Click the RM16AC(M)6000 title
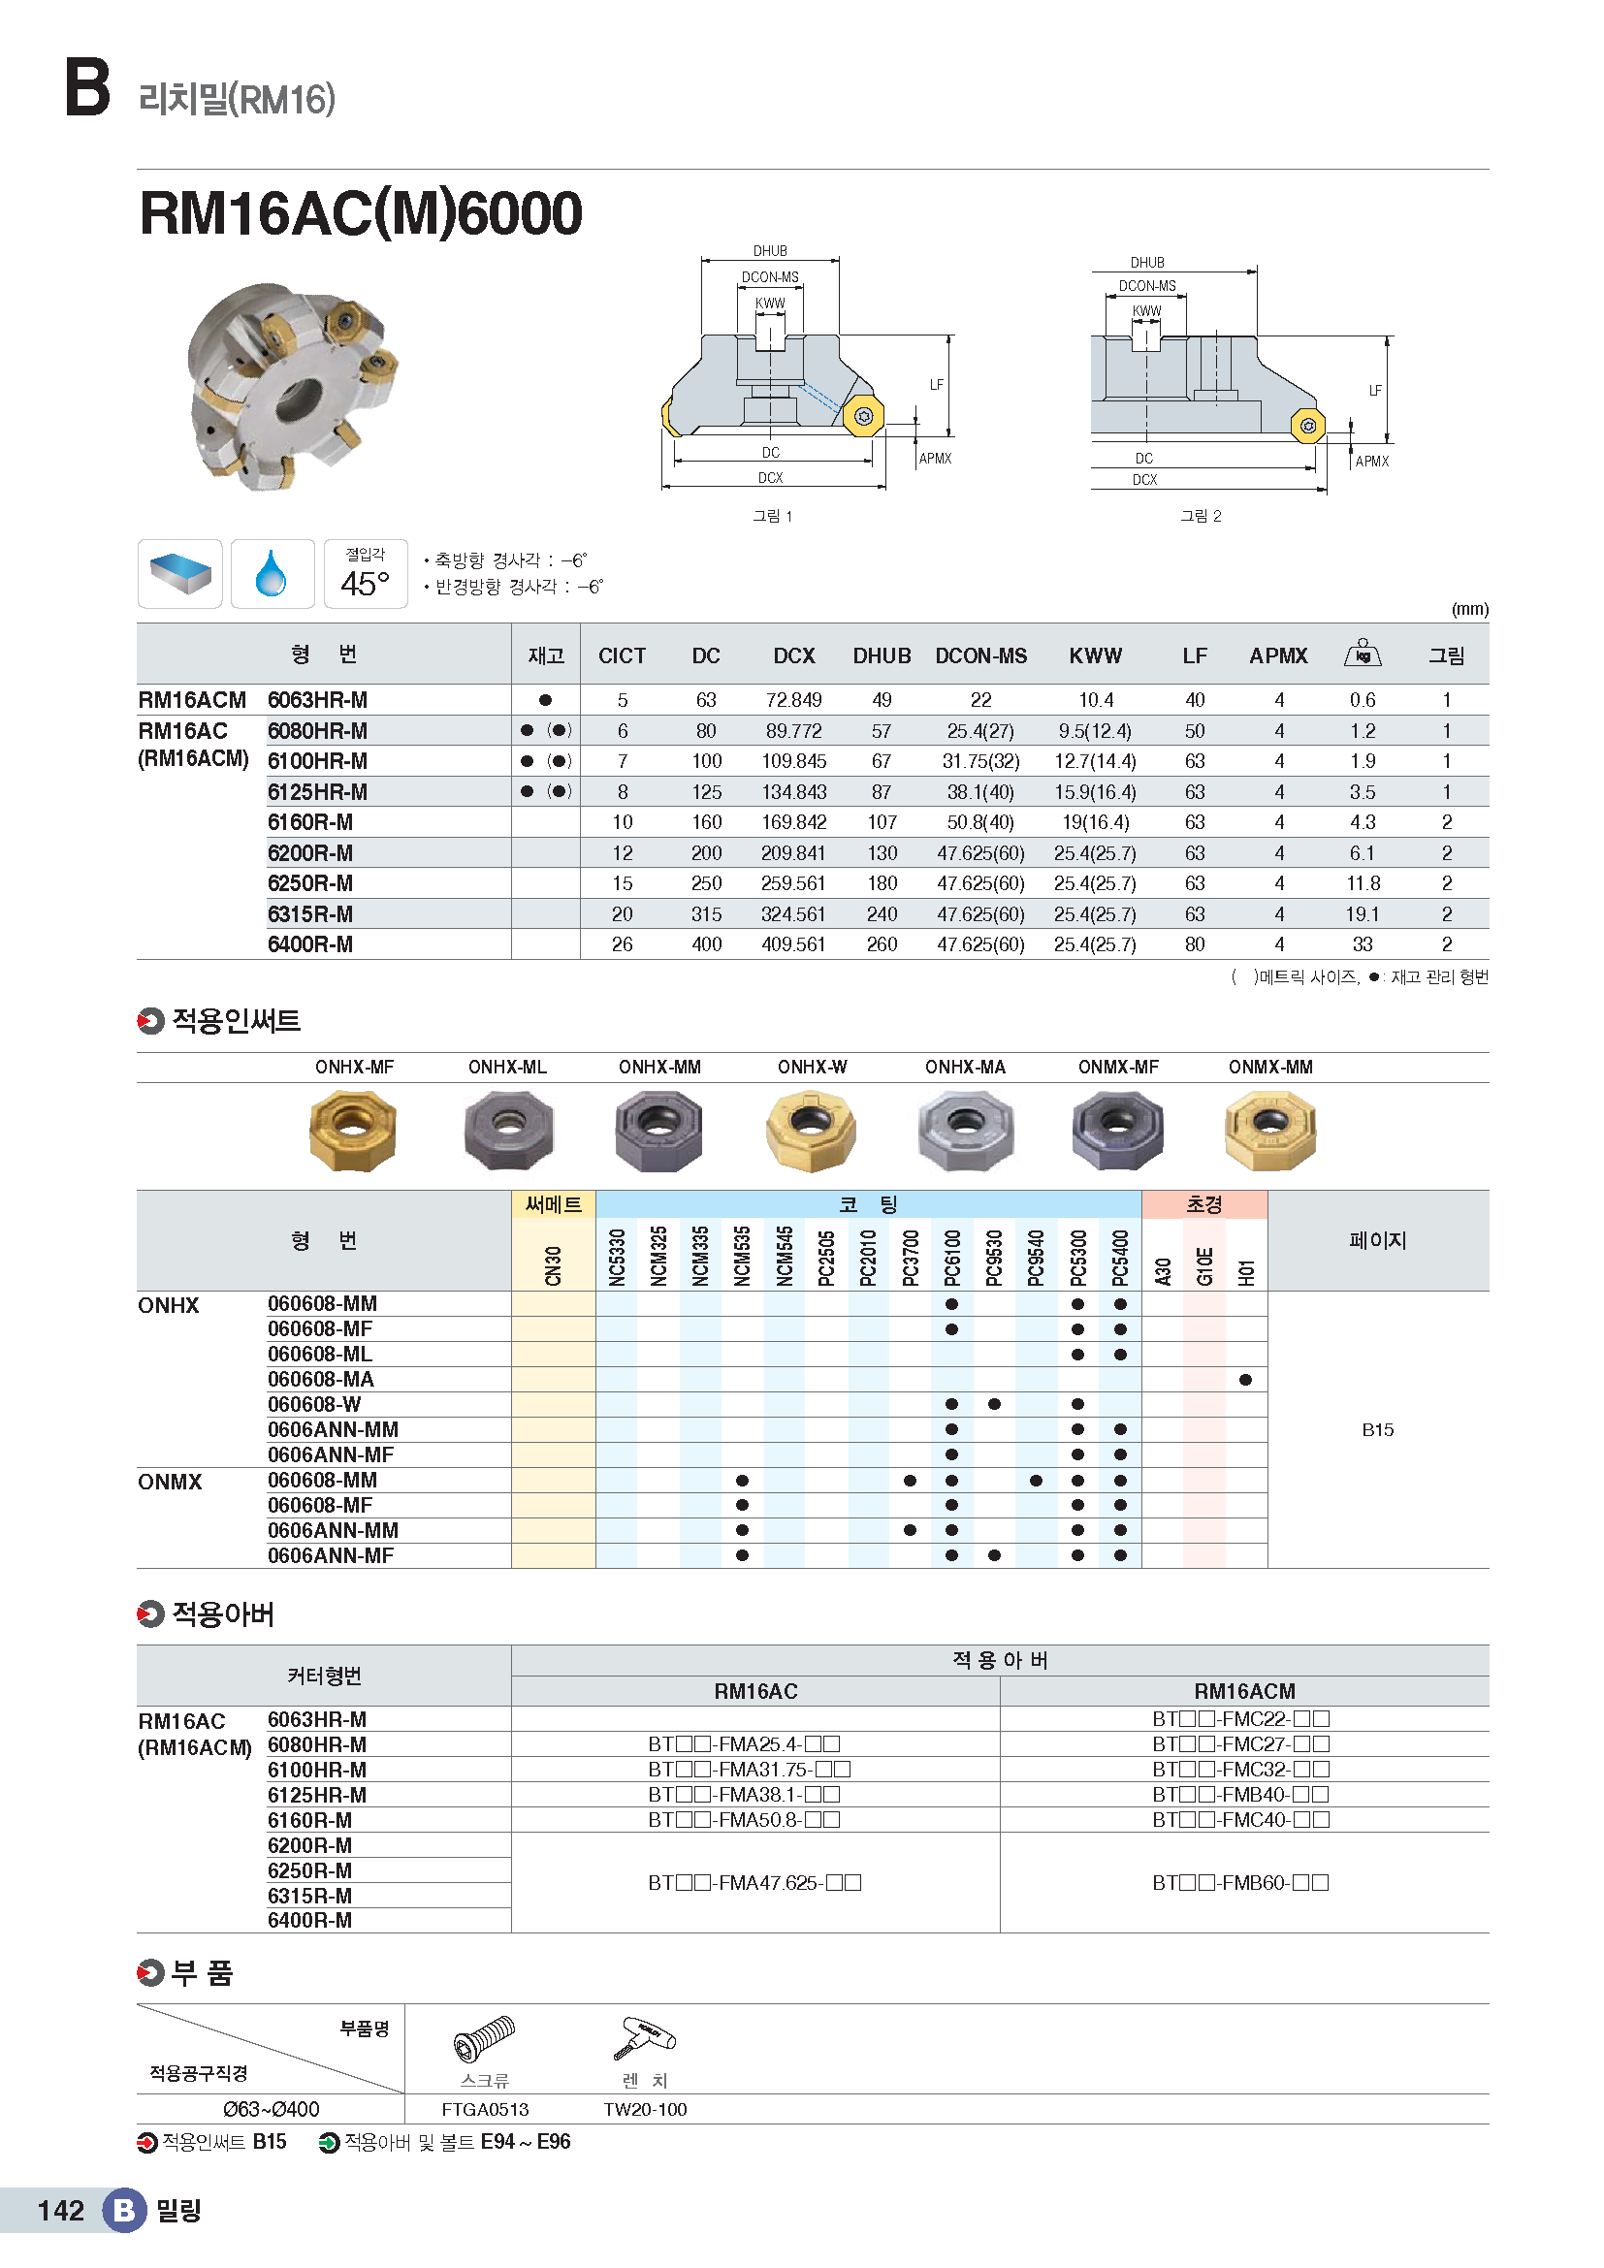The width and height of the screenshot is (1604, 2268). [x=361, y=213]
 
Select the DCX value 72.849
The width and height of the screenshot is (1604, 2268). [x=793, y=700]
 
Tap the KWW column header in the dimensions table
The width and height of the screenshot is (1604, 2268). [x=1095, y=655]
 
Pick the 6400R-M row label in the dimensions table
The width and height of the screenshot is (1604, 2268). [x=310, y=944]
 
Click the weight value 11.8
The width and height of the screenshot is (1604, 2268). [x=1362, y=883]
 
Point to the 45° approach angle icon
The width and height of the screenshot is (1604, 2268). [x=366, y=574]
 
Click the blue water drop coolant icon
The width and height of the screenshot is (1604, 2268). [x=272, y=574]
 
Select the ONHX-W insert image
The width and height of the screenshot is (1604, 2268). [x=811, y=1130]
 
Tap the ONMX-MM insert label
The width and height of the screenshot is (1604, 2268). [x=1270, y=1067]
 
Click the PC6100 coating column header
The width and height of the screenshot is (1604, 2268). [x=952, y=1257]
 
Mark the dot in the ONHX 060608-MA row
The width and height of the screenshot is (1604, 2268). [x=1245, y=1380]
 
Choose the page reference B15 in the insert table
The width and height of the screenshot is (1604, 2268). [x=1377, y=1429]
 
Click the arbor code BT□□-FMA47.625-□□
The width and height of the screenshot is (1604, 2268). [x=754, y=1883]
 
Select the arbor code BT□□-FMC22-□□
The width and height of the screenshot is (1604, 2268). [x=1240, y=1719]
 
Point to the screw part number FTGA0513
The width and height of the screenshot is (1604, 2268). [x=485, y=2109]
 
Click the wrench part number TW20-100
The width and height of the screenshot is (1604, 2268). [x=645, y=2109]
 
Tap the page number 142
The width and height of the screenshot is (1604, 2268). [x=61, y=2210]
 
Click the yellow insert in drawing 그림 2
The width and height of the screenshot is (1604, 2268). [x=1307, y=426]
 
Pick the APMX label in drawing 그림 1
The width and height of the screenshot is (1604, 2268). [x=934, y=459]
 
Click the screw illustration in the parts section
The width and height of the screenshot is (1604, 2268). [x=484, y=2039]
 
